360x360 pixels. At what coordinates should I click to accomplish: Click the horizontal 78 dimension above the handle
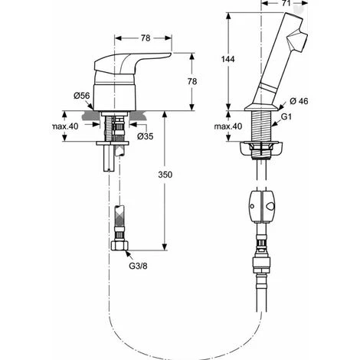coord(146,38)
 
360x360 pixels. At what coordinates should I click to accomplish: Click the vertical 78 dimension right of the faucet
coord(192,81)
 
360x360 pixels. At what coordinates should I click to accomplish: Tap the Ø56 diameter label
coord(82,96)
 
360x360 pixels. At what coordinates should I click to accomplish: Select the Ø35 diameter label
coord(146,136)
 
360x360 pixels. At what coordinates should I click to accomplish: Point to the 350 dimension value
coord(165,175)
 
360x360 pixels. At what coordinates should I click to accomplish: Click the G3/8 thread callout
coord(138,266)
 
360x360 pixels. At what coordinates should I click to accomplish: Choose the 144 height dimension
coord(227,59)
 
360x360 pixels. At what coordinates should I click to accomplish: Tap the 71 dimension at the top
coord(286,3)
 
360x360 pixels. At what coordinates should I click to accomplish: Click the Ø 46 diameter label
coord(299,101)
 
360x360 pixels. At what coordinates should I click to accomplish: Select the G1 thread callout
coord(286,116)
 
